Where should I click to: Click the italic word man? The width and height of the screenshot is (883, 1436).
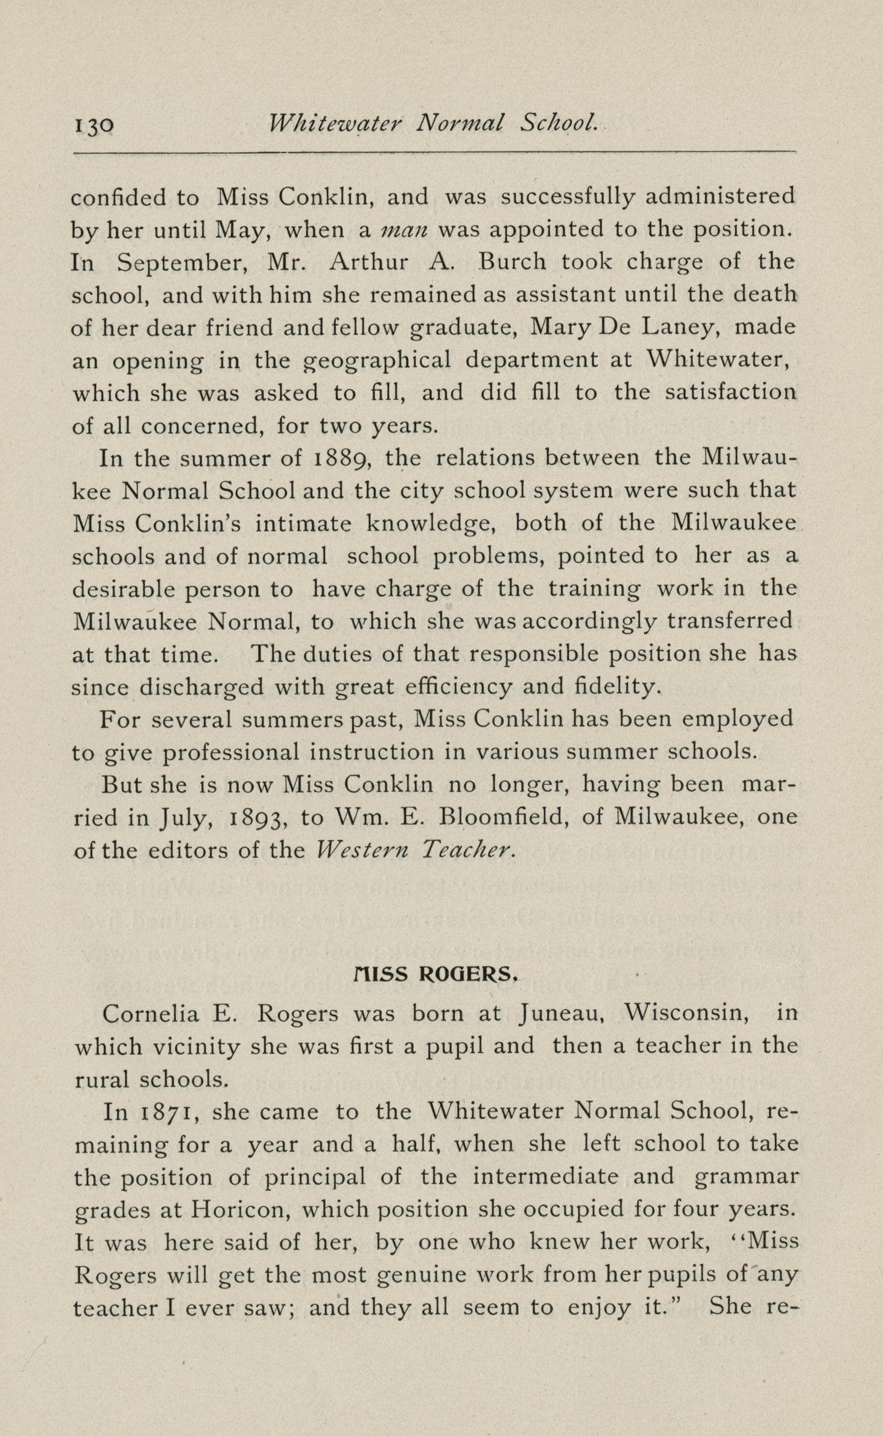[x=404, y=230]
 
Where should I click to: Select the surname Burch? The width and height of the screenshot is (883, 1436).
[x=513, y=262]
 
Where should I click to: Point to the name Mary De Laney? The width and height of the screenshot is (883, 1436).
[x=623, y=327]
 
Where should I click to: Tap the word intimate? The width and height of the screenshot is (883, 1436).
[x=303, y=523]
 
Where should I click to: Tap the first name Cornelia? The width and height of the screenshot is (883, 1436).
[x=151, y=1013]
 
